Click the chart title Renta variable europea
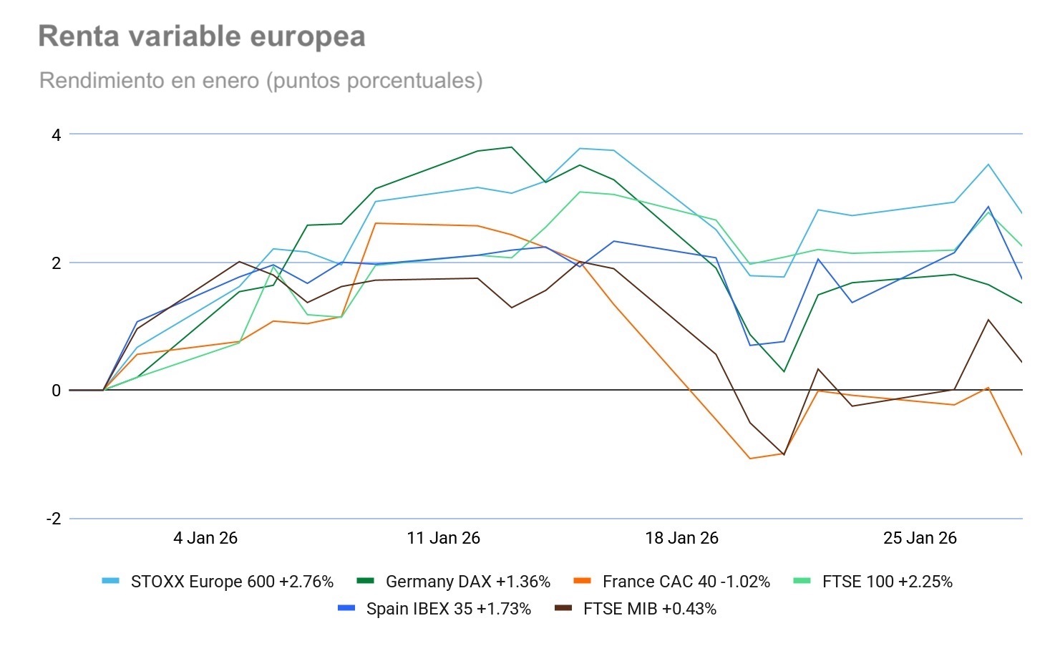(x=201, y=36)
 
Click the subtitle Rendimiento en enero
(x=261, y=80)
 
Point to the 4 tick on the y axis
(x=56, y=134)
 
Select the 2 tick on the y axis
(x=56, y=263)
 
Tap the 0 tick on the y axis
(x=56, y=391)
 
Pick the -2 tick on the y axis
(x=54, y=519)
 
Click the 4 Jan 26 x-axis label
(x=205, y=538)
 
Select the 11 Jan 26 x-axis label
(x=443, y=538)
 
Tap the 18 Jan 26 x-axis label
(x=681, y=538)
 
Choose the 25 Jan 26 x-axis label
(x=920, y=538)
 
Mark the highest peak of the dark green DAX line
(x=511, y=147)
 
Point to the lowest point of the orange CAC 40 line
(x=750, y=459)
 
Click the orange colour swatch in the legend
(x=583, y=582)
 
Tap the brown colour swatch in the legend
(x=563, y=609)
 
